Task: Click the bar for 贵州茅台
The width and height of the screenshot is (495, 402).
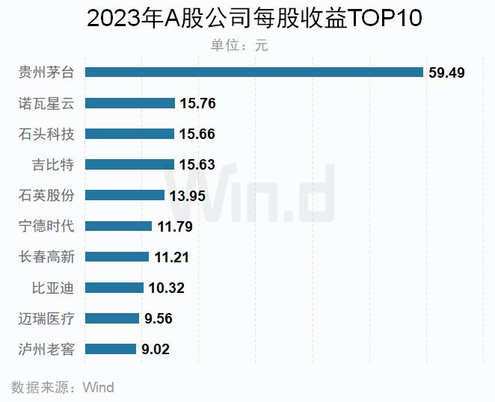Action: point(254,72)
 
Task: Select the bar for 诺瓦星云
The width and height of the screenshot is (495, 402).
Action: point(130,103)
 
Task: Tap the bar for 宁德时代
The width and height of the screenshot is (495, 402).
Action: point(118,226)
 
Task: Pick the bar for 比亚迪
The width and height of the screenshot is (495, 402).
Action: point(114,288)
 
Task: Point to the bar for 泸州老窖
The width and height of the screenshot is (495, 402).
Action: point(111,349)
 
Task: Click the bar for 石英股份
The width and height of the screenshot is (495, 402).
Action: point(125,195)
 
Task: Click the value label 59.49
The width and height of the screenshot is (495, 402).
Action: point(447,72)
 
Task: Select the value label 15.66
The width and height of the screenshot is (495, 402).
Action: point(198,134)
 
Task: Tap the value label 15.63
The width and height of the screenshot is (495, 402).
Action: point(198,164)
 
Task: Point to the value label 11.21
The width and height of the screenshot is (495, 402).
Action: point(171,257)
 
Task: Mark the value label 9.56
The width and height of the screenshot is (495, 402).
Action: point(159,318)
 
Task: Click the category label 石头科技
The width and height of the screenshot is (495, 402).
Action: point(46,134)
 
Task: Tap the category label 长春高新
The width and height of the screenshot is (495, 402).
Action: point(46,257)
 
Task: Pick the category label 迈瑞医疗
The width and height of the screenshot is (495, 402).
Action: point(46,318)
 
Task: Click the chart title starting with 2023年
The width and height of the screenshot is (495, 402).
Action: point(254,19)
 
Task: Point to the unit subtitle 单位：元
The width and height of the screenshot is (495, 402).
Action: point(239,45)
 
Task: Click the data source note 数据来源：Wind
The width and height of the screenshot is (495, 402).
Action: point(63,387)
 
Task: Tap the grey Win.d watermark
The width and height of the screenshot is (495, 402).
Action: point(250,195)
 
